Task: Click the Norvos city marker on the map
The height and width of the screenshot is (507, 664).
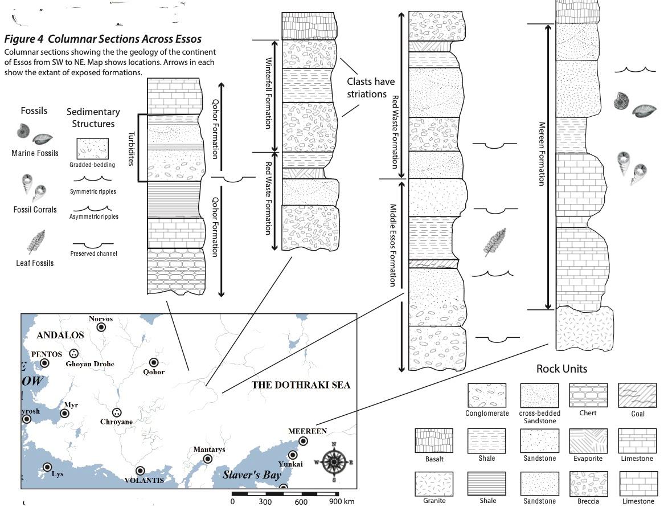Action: [x=101, y=327]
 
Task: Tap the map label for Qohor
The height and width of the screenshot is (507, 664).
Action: [x=154, y=372]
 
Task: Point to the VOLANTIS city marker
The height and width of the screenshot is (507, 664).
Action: [x=140, y=471]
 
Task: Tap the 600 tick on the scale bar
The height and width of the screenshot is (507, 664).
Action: [x=302, y=501]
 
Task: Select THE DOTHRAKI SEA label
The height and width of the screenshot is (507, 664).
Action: [x=301, y=385]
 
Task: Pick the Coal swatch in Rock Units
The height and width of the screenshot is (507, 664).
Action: [x=637, y=394]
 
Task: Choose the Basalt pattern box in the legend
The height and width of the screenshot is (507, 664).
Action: [x=434, y=440]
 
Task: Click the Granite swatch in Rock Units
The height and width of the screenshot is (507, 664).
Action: [x=434, y=484]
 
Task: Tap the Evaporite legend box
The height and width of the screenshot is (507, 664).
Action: [x=588, y=440]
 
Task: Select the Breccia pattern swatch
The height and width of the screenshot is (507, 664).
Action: [x=588, y=484]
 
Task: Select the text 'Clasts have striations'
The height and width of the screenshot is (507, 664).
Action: [x=370, y=88]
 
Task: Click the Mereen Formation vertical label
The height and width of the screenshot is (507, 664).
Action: [x=541, y=154]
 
